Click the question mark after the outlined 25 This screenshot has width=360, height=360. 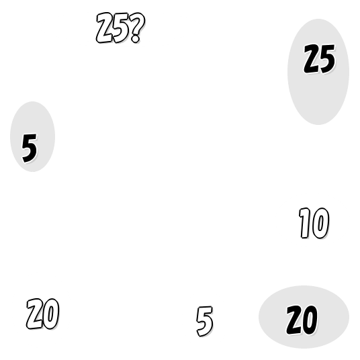click(138, 28)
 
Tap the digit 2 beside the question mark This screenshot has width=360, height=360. click(105, 28)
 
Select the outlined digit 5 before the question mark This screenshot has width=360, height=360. click(121, 28)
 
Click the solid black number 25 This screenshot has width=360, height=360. click(319, 59)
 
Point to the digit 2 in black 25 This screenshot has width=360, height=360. click(312, 59)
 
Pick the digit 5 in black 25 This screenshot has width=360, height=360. click(327, 59)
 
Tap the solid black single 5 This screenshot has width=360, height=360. click(29, 148)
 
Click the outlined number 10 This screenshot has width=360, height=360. click(314, 223)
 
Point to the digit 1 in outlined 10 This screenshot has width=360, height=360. click(304, 223)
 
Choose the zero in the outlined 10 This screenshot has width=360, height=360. click(320, 223)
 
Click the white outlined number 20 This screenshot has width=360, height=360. click(43, 314)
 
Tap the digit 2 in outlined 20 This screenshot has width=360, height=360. click(35, 314)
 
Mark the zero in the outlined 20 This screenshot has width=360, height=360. click(51, 314)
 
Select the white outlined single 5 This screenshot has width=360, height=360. click(205, 322)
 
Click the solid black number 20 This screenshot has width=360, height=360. click(302, 320)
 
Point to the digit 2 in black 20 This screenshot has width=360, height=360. click(294, 320)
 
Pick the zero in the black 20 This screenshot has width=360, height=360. click(310, 320)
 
